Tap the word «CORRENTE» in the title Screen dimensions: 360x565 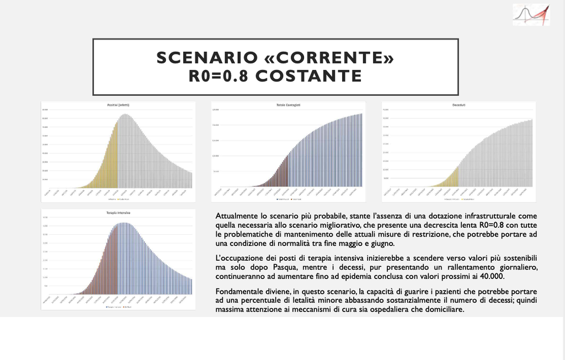pos(330,58)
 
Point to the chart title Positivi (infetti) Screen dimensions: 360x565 pos(118,105)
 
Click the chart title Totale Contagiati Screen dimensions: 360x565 pos(288,105)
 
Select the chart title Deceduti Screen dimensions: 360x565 pos(459,105)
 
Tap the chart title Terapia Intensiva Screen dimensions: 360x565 pos(118,212)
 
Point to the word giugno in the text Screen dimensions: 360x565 pos(381,243)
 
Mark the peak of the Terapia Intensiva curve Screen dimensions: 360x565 pos(125,223)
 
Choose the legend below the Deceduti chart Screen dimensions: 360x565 pos(458,199)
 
